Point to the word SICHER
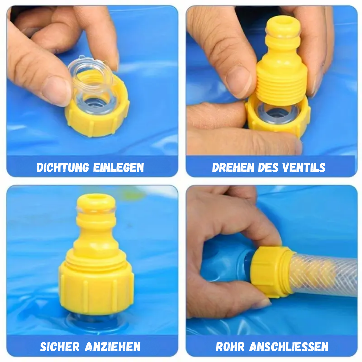(x=59, y=347)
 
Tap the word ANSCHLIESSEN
(x=289, y=347)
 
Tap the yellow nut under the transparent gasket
(x=97, y=121)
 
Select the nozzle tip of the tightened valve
(x=96, y=203)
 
